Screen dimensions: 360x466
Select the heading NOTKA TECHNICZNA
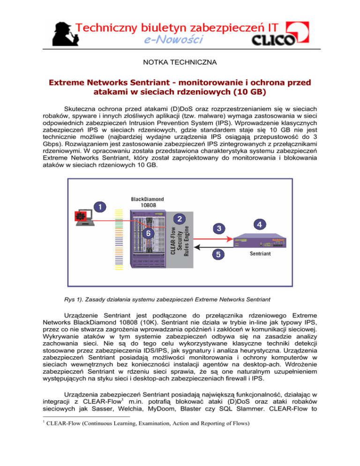coord(180,61)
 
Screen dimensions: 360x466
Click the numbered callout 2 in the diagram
coord(179,218)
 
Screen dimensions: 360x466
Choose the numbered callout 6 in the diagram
coord(148,233)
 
